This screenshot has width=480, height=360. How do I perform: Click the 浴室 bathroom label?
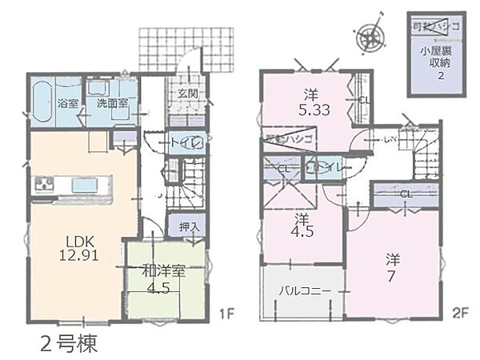[68, 103]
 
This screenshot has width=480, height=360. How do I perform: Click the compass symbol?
[369, 35]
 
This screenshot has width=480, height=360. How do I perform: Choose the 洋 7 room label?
[392, 268]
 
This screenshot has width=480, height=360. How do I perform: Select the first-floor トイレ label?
[183, 143]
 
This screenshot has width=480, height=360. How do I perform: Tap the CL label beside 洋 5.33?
[364, 100]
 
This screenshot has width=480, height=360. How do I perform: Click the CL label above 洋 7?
[405, 194]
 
